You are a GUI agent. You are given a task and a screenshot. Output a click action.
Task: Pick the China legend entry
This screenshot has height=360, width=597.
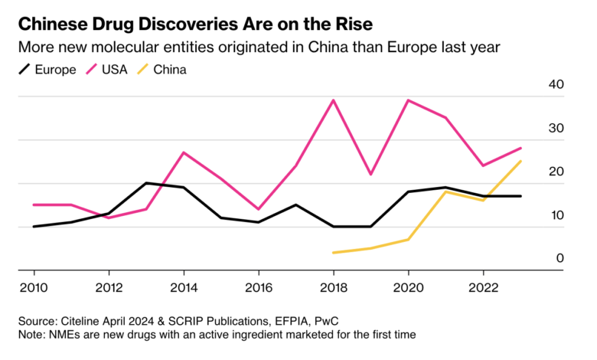[x=169, y=70]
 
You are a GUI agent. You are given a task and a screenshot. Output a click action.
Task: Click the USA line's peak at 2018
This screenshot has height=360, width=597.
[x=333, y=100]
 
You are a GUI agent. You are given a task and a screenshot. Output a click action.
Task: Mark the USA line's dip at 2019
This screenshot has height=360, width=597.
[x=370, y=174]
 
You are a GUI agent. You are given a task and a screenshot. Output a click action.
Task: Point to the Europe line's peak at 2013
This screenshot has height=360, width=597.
[x=145, y=183]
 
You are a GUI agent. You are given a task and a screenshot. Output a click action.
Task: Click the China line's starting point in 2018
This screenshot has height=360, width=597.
[x=333, y=253]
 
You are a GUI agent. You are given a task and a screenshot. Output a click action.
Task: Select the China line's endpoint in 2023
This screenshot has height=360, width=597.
[x=520, y=162]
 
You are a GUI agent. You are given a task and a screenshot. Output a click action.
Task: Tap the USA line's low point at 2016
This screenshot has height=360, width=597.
[x=258, y=209]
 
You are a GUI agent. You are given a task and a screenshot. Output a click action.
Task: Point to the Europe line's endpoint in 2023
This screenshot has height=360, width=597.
[x=520, y=196]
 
